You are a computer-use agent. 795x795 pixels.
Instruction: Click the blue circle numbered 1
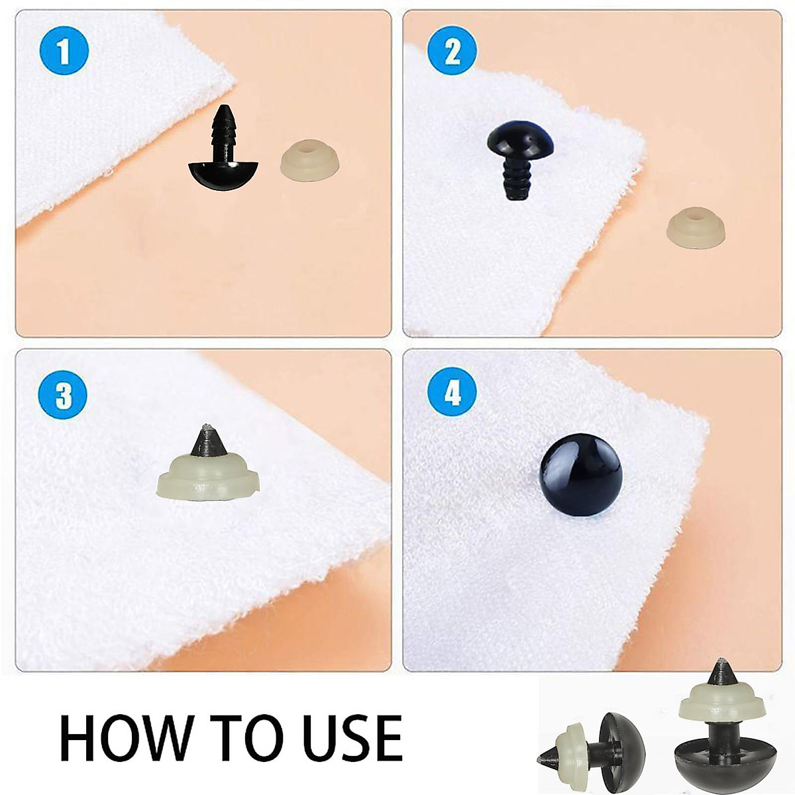click(64, 51)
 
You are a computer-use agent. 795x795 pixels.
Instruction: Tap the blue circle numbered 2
click(452, 51)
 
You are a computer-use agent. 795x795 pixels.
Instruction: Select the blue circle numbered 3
click(64, 396)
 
